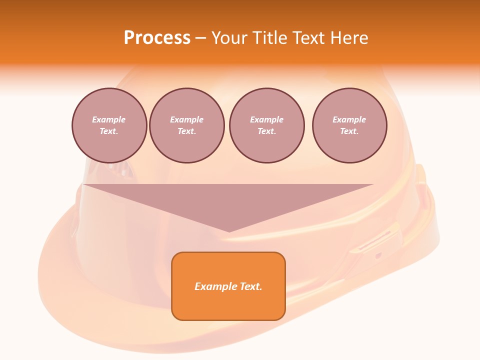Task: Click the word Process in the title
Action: coord(157,38)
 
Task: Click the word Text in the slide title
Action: coord(308,38)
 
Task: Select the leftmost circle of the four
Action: coord(109,125)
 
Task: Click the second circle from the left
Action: coord(187,125)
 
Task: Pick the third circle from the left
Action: coord(266,125)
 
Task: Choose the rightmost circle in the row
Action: coord(349,125)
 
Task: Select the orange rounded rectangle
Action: coord(228,286)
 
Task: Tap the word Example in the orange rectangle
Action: coord(215,286)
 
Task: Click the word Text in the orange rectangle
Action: coord(250,286)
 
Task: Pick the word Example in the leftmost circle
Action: coord(109,120)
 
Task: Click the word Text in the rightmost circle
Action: coord(349,131)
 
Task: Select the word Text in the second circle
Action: coord(187,131)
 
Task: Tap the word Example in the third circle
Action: coord(266,120)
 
